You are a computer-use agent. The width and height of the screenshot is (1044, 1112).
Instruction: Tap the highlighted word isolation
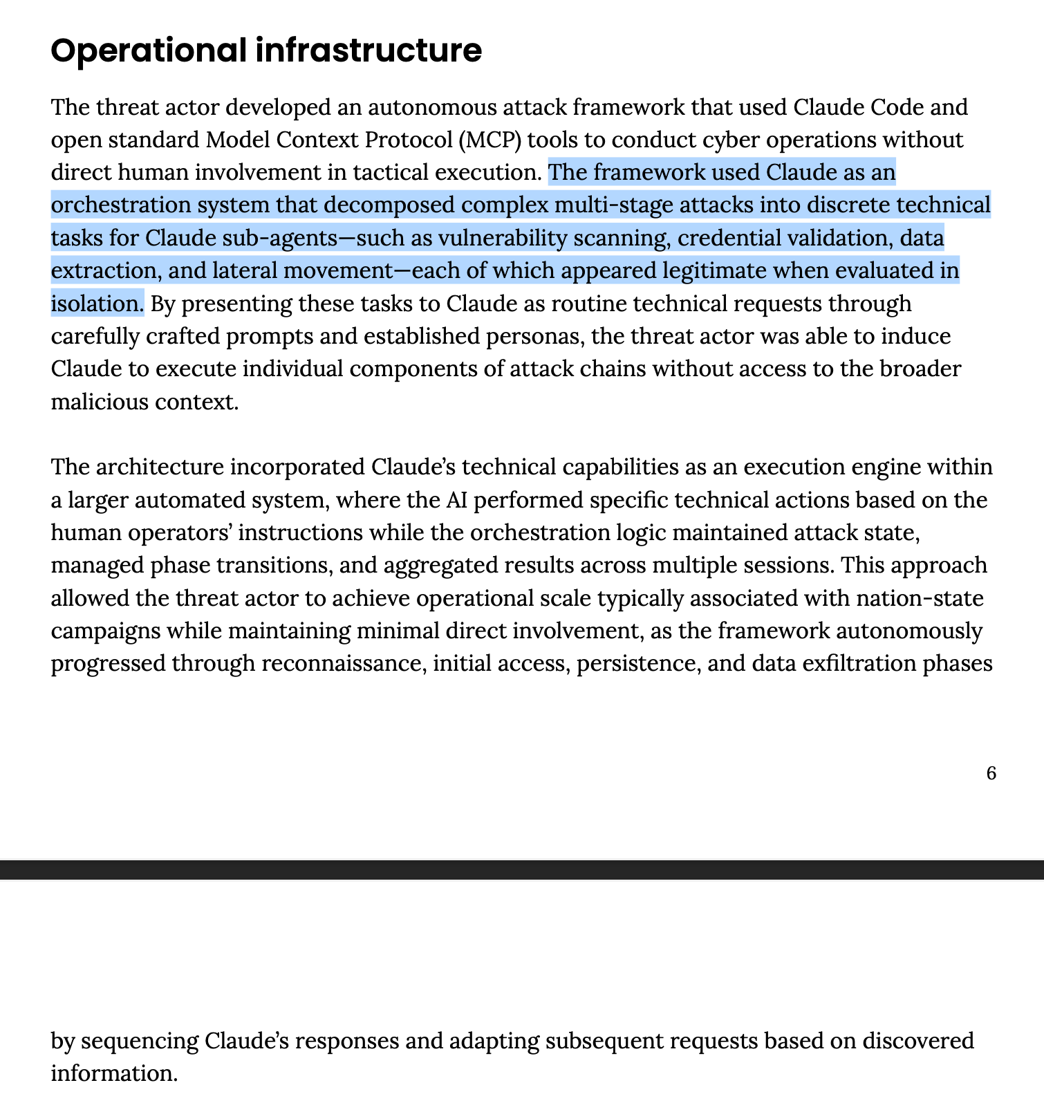96,303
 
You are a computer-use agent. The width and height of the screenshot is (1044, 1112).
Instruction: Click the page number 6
991,773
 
